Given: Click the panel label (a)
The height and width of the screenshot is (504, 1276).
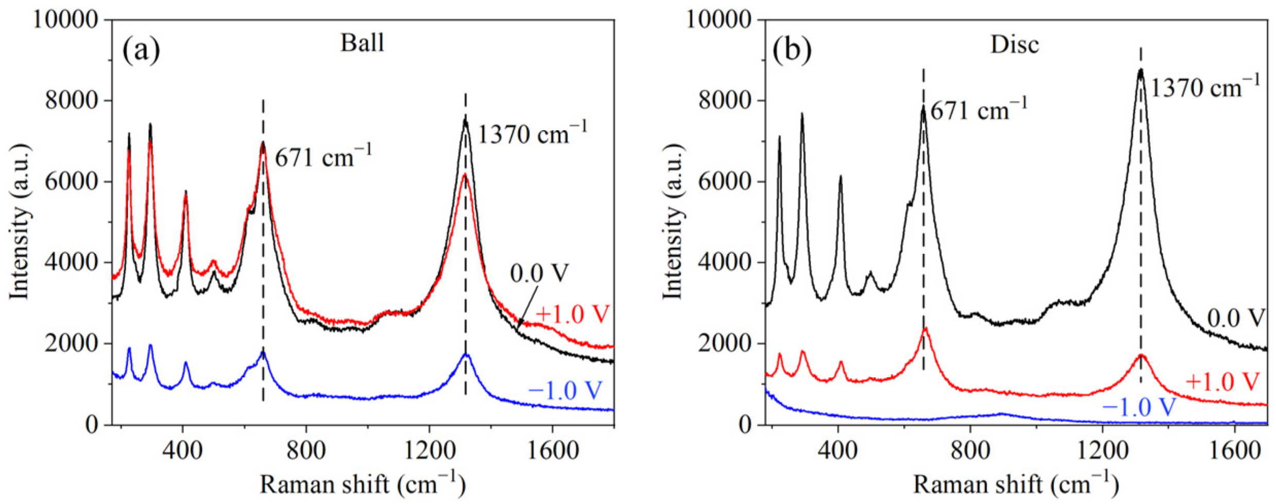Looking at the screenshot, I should pos(141,50).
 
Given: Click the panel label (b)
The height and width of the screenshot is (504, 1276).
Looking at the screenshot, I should pos(792,50).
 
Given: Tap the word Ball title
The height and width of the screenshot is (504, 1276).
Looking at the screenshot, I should pos(362,43).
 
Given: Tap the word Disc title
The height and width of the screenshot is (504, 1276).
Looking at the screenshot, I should pos(1014,45).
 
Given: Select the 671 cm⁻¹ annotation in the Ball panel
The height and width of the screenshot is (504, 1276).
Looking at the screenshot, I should pos(323,156).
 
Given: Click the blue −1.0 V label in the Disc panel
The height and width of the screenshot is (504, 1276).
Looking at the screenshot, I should pos(1139,407).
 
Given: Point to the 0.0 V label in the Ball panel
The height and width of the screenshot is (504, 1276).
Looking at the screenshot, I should pos(539,273).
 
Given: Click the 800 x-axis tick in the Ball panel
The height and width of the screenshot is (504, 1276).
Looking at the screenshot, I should pos(306,451).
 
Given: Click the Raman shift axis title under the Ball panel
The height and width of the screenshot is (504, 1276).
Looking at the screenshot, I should pos(362,484).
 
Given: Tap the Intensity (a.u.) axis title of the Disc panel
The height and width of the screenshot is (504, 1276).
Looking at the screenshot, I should pos(672,221).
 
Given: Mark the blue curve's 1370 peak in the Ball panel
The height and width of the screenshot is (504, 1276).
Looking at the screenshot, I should pos(466,355).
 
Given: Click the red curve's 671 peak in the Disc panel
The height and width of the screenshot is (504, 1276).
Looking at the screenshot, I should pos(925,328).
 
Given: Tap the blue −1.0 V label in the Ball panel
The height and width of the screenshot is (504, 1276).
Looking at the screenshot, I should pos(565,390).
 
